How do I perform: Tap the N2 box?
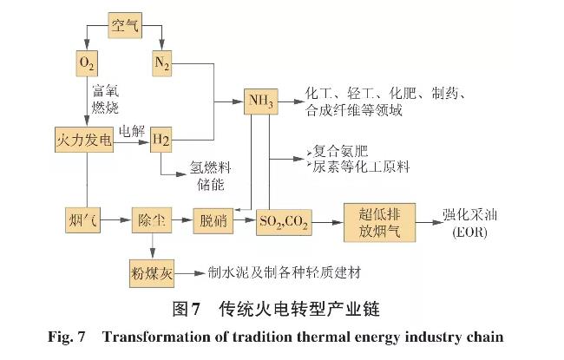(164, 63)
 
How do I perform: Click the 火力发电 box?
(85, 139)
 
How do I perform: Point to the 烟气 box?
(84, 221)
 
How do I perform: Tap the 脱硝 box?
(213, 221)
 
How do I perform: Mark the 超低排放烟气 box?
(378, 221)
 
